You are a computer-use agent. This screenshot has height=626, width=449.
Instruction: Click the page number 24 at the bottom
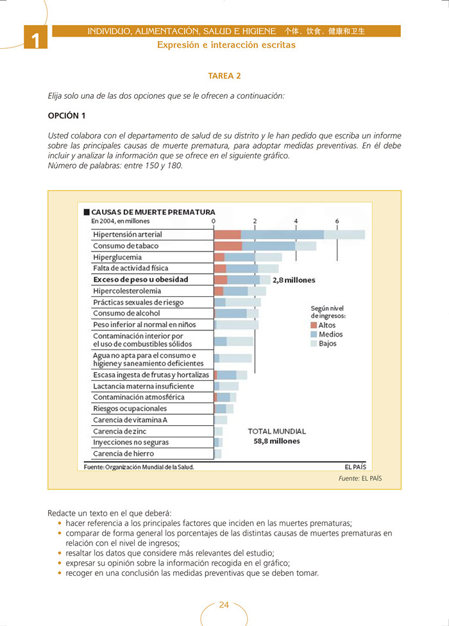point(224,605)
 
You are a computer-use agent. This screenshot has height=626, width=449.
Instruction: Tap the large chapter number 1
point(36,41)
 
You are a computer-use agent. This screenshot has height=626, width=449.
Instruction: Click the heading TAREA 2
point(224,76)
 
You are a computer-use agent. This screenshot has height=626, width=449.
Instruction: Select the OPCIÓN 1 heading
point(67,115)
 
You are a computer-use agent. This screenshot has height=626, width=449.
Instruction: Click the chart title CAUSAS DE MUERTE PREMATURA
point(153,212)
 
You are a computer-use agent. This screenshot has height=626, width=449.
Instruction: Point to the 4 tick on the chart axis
point(296,221)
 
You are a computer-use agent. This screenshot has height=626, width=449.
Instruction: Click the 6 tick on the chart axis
point(337,221)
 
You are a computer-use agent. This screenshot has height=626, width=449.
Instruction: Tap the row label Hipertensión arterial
point(128,235)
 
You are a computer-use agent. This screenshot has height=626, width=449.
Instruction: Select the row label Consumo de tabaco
point(126,246)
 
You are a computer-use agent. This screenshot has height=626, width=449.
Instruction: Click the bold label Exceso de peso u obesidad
point(140,280)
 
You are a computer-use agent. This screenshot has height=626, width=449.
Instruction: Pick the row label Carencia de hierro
point(124,453)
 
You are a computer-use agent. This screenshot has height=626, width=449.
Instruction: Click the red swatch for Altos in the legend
point(314,325)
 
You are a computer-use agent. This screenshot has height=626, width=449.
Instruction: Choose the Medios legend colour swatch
point(314,334)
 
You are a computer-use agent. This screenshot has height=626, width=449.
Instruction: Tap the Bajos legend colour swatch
point(314,343)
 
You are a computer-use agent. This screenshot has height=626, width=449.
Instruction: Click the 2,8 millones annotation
point(294,280)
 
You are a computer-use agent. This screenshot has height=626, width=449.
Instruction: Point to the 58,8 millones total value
point(276,441)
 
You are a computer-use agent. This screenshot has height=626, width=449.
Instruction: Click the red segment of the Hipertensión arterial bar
point(227,235)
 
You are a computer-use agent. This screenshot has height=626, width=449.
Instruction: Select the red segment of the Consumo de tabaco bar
point(228,246)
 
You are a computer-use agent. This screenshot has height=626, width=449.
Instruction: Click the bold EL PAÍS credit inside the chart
point(355,467)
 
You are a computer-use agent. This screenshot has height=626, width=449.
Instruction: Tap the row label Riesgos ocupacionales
point(130,409)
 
